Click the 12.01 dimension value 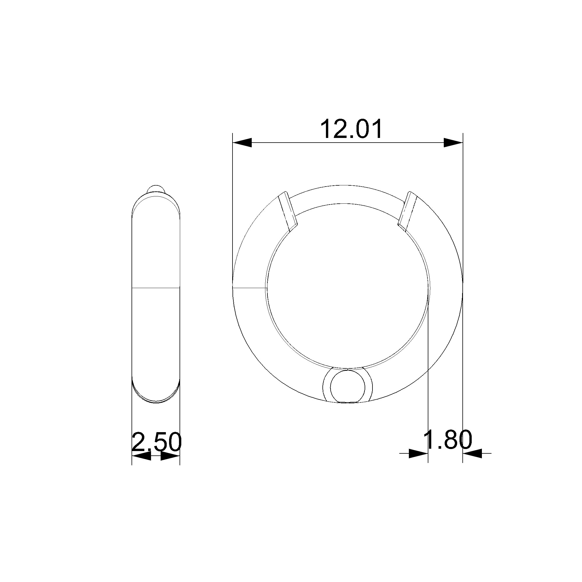(351, 129)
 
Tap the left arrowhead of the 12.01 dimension (242, 143)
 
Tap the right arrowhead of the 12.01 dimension (453, 143)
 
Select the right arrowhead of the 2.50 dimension (170, 456)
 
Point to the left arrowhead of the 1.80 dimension (418, 453)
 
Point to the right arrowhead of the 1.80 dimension (472, 453)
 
